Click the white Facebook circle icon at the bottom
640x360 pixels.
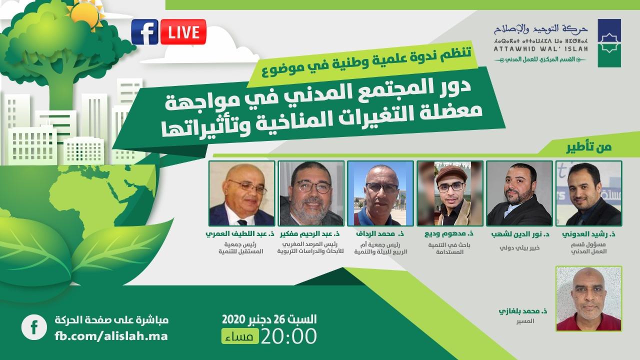point(33,327)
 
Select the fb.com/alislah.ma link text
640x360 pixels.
point(111,335)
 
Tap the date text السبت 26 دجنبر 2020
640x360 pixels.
point(269,318)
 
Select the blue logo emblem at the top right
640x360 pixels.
point(609,43)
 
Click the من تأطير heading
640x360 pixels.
point(594,147)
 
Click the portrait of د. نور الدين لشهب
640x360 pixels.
point(519,193)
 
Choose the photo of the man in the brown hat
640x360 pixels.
point(449,193)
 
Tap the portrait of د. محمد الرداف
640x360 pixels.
point(380,193)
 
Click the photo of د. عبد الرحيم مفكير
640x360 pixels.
point(311,193)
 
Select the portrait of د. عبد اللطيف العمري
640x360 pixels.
point(242,193)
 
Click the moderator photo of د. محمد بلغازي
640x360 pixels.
point(588,298)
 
